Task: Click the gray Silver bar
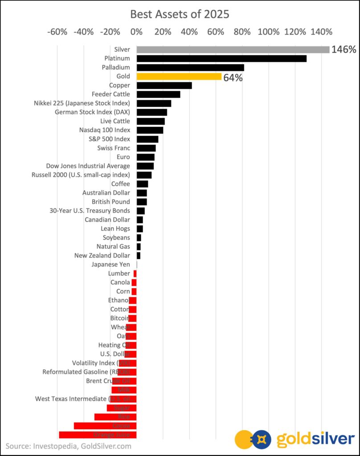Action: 233,49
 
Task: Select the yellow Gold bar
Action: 179,77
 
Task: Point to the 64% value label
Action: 233,78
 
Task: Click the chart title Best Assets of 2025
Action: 180,14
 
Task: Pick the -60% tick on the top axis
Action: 57,32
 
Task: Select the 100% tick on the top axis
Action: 268,32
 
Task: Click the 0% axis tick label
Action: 136,32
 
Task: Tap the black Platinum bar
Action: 221,58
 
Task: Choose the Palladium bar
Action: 190,68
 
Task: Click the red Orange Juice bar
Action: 98,435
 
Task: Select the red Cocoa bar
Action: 105,426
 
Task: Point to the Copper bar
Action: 164,85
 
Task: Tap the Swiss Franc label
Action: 114,148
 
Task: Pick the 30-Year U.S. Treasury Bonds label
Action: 90,211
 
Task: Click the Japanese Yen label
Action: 110,265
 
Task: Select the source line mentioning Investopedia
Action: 69,446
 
